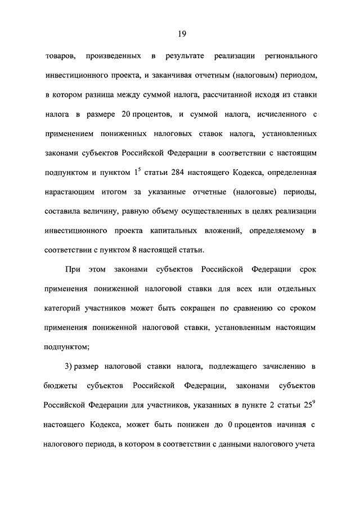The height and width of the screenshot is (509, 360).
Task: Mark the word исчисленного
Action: point(276,115)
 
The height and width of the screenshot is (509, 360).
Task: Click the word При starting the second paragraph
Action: point(73,270)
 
